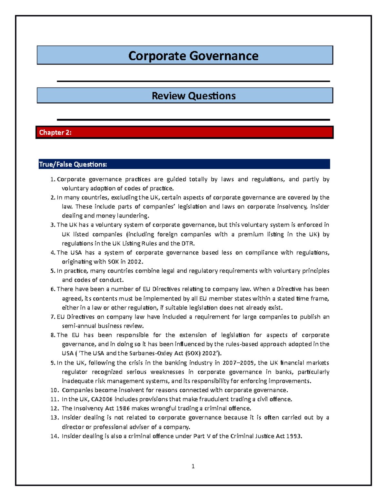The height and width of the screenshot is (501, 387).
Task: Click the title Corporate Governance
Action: click(x=193, y=56)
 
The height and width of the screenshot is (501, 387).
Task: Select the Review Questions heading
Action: click(x=193, y=96)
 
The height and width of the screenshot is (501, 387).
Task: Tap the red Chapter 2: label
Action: click(x=55, y=132)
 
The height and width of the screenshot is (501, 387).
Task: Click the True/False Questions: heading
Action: click(x=73, y=165)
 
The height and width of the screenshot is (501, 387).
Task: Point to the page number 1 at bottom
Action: click(x=193, y=466)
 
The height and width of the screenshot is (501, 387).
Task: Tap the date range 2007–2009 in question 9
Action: click(x=238, y=363)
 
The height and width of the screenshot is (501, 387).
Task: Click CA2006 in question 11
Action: click(x=102, y=399)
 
